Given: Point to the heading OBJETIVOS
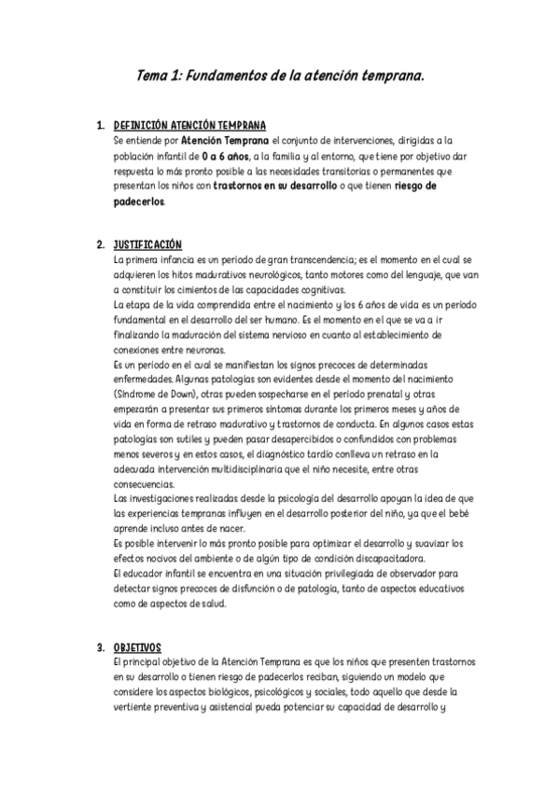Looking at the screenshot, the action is point(137,645).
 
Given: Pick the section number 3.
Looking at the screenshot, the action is point(100,645).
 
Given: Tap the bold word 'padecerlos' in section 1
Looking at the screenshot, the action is point(137,201).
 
